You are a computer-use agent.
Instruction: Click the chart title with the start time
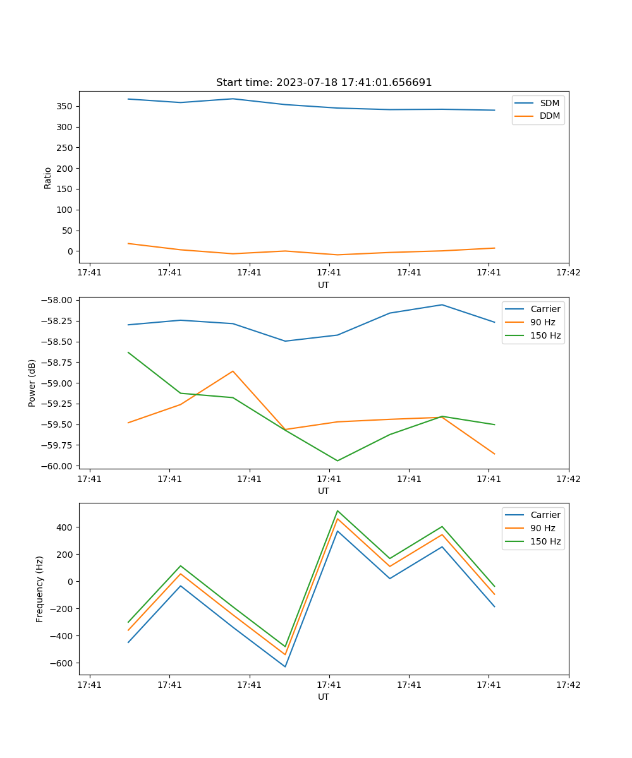[x=324, y=83]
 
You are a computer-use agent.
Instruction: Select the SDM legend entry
[x=549, y=103]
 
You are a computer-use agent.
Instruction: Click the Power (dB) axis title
[x=32, y=383]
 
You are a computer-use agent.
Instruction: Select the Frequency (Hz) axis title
[x=40, y=589]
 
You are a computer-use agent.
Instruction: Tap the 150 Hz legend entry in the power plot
[x=545, y=335]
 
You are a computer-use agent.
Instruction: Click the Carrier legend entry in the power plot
[x=545, y=309]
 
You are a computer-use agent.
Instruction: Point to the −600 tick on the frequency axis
[x=62, y=663]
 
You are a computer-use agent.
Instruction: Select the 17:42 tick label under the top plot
[x=568, y=273]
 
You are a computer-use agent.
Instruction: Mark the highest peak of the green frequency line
[x=337, y=510]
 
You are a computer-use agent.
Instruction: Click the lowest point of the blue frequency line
[x=285, y=666]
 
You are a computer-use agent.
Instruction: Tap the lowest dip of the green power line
[x=337, y=460]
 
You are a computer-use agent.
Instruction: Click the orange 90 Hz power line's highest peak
[x=233, y=371]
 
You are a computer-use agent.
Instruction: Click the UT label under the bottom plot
[x=324, y=697]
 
